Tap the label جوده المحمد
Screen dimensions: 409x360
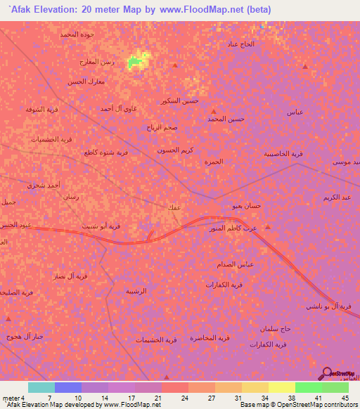[x=77, y=34]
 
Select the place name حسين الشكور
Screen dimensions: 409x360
[x=180, y=100]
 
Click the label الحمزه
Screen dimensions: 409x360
[x=213, y=161]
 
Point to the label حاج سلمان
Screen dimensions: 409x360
[x=276, y=328]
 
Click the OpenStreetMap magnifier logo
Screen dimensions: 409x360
[x=328, y=374]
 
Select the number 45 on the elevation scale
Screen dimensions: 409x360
[x=345, y=397]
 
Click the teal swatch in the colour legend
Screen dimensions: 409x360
[x=41, y=387]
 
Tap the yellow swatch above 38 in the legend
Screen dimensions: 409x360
[x=281, y=387]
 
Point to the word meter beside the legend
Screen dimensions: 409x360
[x=11, y=397]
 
